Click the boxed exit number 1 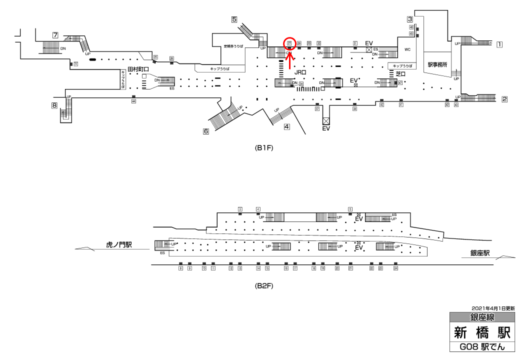tap(499, 44)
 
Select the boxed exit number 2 tap(504, 99)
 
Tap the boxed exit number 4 tap(286, 126)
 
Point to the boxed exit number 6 tap(205, 131)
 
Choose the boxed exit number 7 tap(55, 35)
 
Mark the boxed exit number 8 tap(54, 105)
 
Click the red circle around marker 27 tap(289, 43)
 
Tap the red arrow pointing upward tap(289, 59)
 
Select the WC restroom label tap(407, 49)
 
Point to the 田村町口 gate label tap(138, 69)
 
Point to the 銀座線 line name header tap(482, 317)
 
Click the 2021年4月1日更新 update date tap(492, 308)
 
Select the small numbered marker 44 tap(133, 101)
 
